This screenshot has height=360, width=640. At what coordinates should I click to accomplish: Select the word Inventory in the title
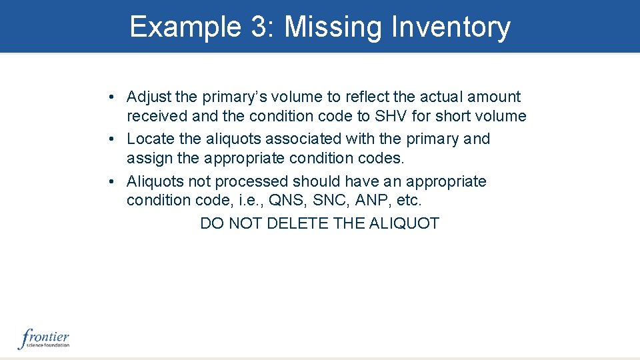click(451, 27)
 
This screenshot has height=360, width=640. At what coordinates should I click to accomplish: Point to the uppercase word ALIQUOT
click(407, 223)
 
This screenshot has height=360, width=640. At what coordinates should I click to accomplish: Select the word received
click(157, 117)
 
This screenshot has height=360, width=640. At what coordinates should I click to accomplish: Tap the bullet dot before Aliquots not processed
click(114, 181)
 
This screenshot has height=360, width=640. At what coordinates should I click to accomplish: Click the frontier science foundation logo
click(44, 339)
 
